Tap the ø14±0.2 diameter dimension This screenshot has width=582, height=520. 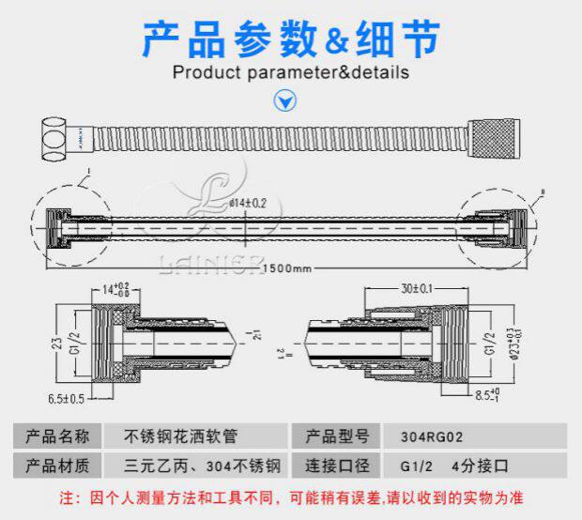pyautogui.click(x=249, y=202)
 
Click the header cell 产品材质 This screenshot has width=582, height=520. pyautogui.click(x=58, y=465)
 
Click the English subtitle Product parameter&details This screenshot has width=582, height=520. pyautogui.click(x=291, y=72)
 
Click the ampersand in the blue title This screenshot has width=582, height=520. pyautogui.click(x=336, y=40)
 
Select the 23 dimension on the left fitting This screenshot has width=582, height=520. pyautogui.click(x=57, y=341)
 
